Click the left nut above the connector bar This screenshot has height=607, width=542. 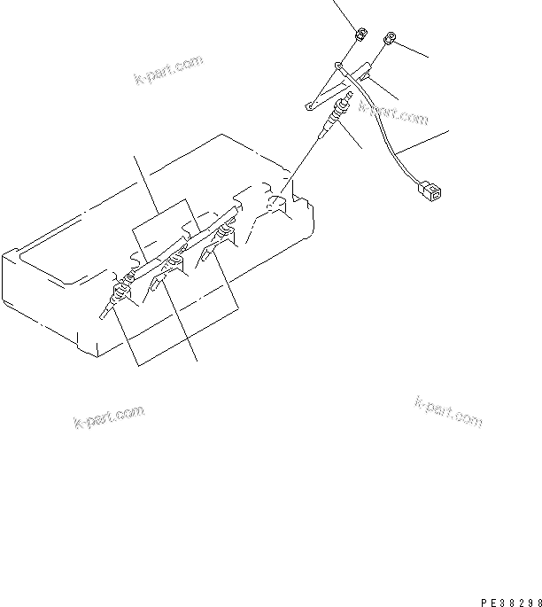(x=360, y=36)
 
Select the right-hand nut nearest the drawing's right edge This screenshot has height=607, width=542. (x=390, y=39)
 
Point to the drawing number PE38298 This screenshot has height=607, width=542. (x=506, y=600)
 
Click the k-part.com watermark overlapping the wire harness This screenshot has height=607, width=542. (x=394, y=113)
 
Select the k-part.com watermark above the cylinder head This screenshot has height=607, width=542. (x=168, y=70)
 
